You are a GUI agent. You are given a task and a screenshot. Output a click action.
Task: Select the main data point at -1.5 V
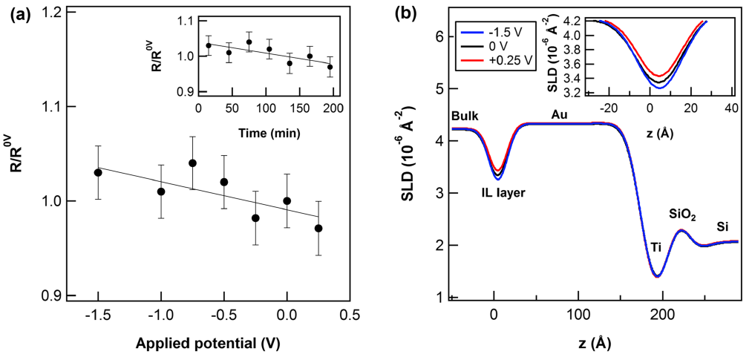pos(98,172)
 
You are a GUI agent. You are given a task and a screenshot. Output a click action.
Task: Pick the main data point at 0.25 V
pos(318,229)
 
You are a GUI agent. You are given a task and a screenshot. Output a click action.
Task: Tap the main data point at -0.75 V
pos(192,163)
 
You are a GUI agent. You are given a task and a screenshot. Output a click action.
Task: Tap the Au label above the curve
pos(560,114)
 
